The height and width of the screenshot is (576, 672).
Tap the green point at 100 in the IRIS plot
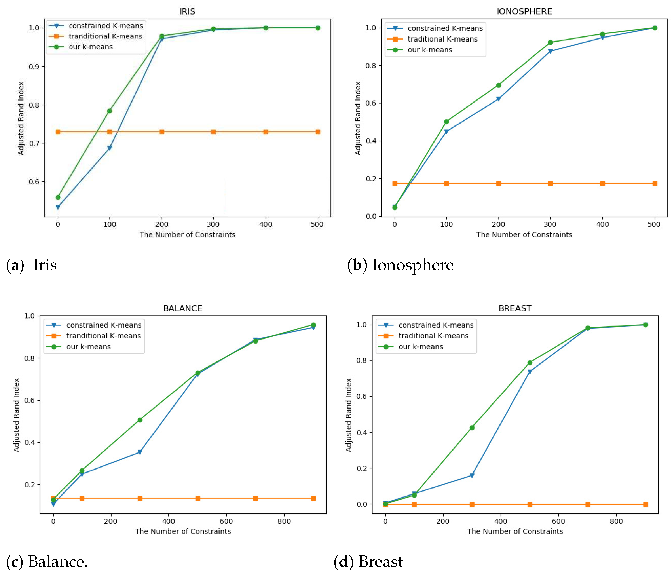[110, 111]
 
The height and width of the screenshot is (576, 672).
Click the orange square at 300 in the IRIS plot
[213, 132]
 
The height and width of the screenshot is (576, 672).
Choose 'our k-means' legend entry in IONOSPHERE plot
[429, 50]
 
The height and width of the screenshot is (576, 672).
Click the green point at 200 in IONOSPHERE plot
[499, 85]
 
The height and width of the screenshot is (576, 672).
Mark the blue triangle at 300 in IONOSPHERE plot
[550, 51]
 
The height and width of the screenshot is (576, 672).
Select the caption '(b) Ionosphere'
[400, 265]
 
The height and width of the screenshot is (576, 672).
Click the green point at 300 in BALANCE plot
[140, 420]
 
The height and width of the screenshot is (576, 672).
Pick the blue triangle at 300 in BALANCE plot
[140, 452]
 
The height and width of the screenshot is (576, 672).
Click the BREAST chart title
[515, 308]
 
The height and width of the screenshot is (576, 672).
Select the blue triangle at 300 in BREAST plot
[472, 476]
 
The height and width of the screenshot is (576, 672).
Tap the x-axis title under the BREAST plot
[515, 531]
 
